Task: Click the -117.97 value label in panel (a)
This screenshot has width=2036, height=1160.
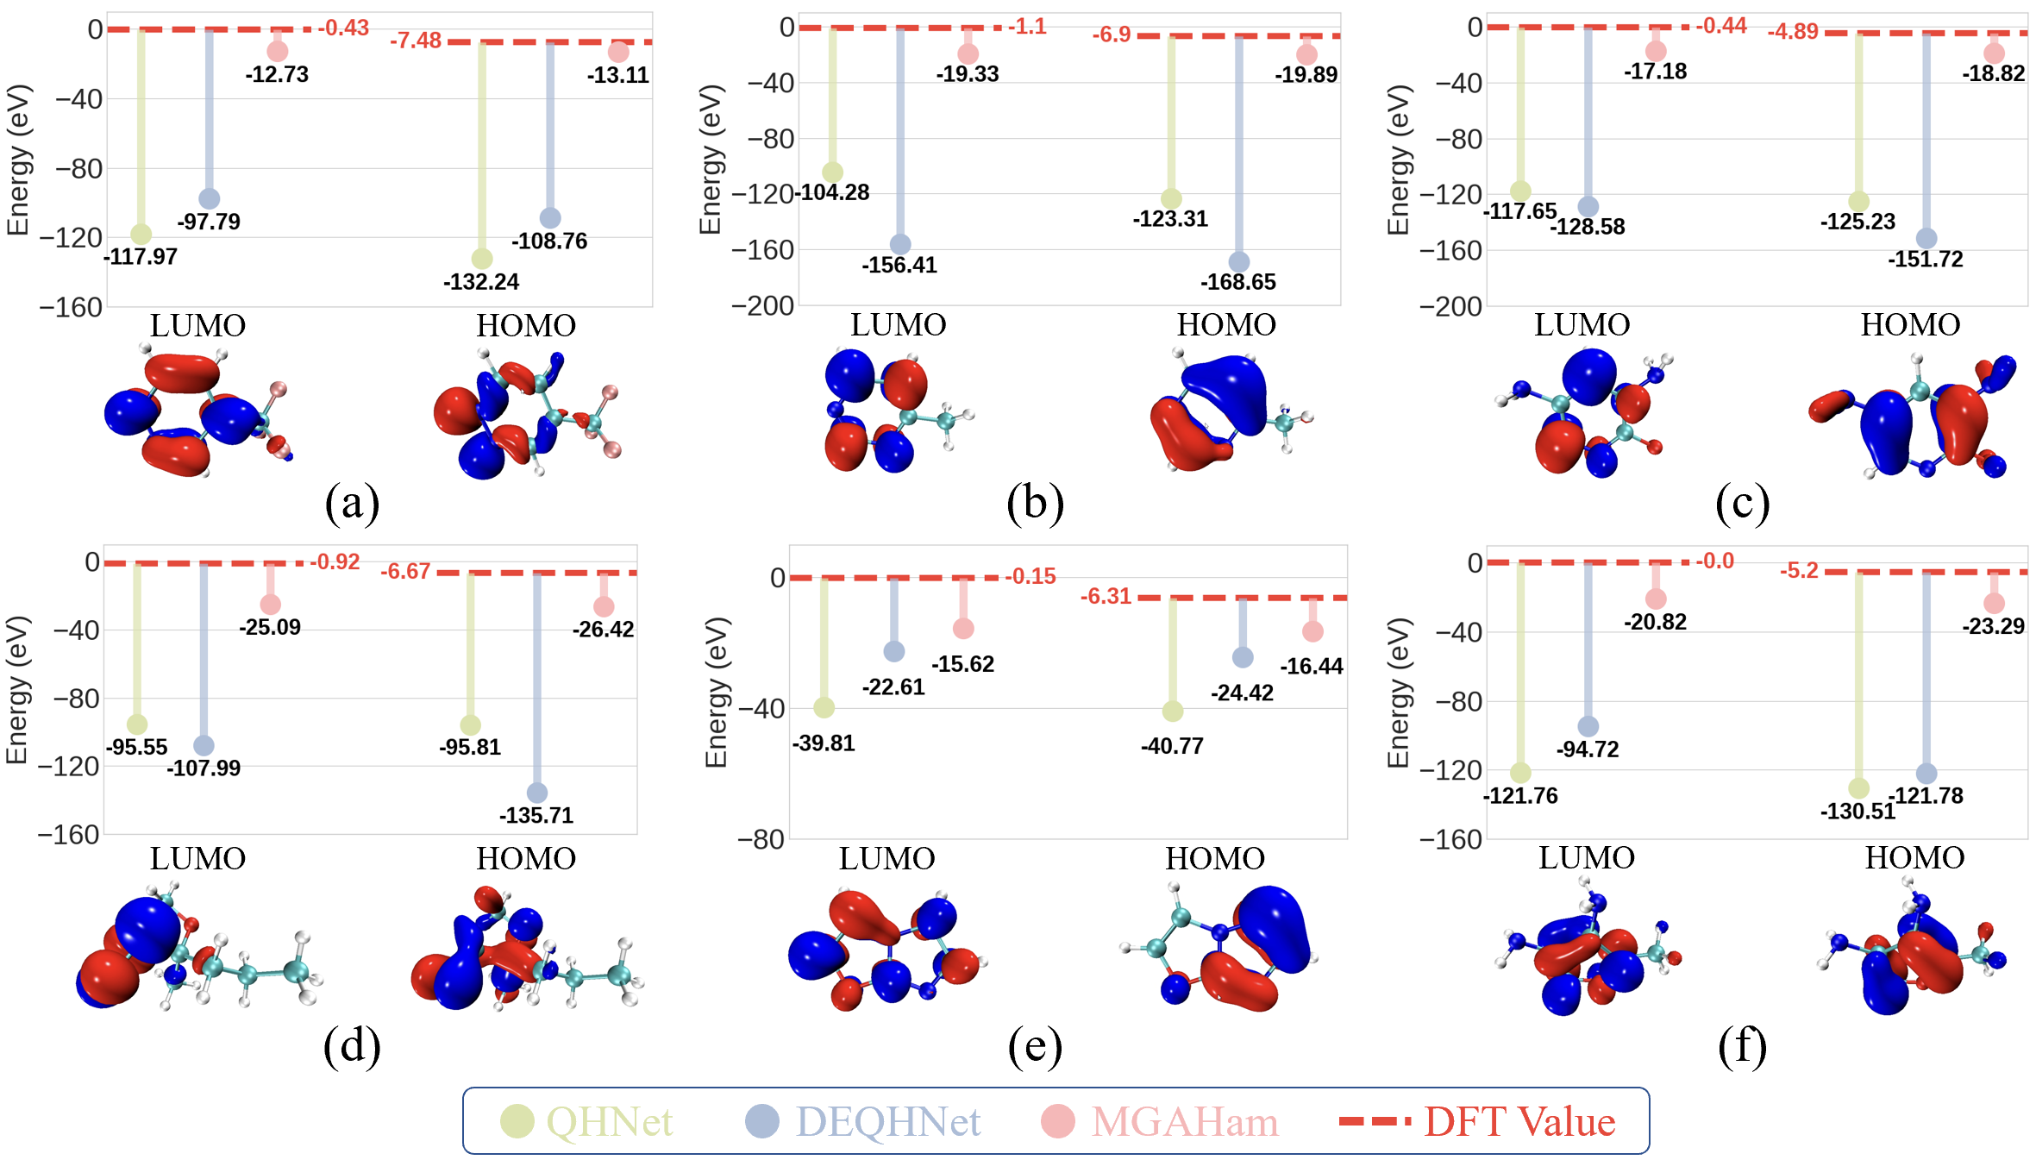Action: tap(141, 257)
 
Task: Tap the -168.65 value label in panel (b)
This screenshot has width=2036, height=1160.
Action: tap(1237, 282)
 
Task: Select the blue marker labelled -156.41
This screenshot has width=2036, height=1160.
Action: tap(899, 245)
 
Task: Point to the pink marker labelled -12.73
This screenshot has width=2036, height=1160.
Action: tap(277, 51)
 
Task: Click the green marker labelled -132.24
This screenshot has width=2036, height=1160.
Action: tap(482, 259)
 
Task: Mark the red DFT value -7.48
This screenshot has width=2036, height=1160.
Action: tap(416, 41)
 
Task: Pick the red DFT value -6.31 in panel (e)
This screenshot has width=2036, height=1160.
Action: tap(1106, 597)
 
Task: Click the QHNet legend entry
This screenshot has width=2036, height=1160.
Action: tap(586, 1121)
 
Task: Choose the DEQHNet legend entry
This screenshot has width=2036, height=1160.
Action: tap(862, 1121)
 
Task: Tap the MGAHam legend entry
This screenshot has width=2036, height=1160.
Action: tap(1160, 1121)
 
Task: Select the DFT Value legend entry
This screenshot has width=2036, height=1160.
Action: tap(1477, 1121)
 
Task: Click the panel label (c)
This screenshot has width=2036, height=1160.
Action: tap(1742, 503)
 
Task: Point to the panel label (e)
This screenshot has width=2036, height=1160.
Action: tap(1035, 1046)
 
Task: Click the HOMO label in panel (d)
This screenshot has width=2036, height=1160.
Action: tap(526, 859)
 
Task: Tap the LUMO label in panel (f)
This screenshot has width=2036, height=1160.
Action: tap(1587, 858)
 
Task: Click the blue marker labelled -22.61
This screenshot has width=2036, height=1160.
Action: tap(894, 651)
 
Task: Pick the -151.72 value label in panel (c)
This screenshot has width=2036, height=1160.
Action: tap(1925, 260)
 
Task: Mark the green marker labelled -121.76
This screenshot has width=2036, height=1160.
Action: tap(1520, 773)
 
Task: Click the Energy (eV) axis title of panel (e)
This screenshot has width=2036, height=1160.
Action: tap(717, 692)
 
